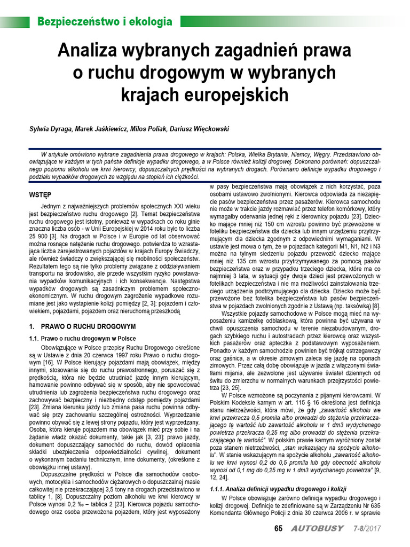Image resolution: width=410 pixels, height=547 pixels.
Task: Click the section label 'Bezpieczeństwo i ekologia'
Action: [x=105, y=22]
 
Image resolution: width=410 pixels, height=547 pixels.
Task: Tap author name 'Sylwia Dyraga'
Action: [x=50, y=129]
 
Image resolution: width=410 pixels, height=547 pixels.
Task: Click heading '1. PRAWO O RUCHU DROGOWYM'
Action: [x=82, y=325]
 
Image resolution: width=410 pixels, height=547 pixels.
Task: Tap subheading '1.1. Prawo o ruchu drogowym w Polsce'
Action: [x=82, y=338]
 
